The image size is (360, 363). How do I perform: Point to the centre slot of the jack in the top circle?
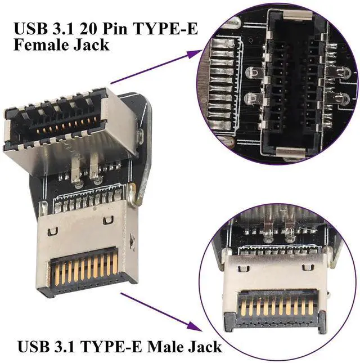289,84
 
